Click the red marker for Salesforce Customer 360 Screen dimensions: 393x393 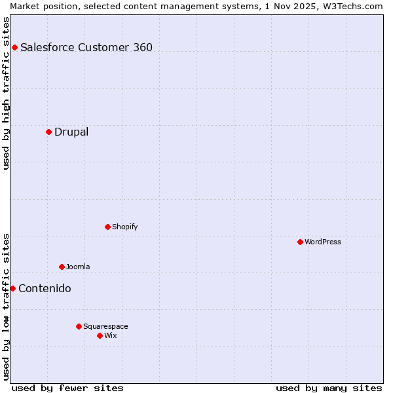tap(14, 47)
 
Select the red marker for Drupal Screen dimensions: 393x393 tap(48, 132)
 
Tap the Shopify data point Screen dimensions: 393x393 tap(107, 227)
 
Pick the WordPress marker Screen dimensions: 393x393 tap(300, 242)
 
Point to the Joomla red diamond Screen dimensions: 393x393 tap(62, 267)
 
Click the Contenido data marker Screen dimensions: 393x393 tap(12, 288)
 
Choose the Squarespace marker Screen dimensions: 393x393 tap(79, 326)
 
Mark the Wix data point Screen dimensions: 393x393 tap(100, 335)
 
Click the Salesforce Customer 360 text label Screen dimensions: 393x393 tap(86, 47)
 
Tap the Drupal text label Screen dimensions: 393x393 tap(71, 132)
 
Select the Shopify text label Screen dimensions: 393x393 tap(124, 227)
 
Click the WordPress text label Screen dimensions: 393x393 tap(323, 242)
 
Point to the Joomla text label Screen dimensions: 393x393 tap(78, 267)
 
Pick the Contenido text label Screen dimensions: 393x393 tap(45, 288)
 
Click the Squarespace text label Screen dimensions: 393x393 tap(105, 326)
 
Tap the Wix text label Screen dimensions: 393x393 tap(110, 335)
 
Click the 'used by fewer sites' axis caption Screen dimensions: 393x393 tap(67, 388)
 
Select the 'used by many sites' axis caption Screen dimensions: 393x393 tap(329, 388)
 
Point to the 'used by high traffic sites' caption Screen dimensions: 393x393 tap(6, 93)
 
